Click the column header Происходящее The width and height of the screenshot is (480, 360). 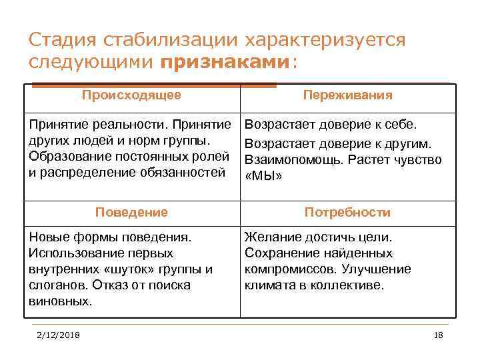coord(131,95)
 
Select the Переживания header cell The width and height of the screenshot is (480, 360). coord(347,95)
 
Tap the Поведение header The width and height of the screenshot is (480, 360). coord(131,213)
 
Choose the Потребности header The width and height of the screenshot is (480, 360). coord(347,213)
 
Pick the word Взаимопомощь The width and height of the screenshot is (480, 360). coord(288,160)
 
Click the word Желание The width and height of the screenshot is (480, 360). coord(269,237)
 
